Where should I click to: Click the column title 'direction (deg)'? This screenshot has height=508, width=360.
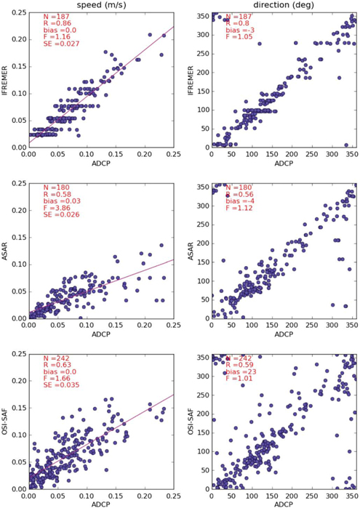click(279, 6)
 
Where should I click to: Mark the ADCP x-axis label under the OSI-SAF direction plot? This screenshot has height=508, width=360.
click(280, 504)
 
